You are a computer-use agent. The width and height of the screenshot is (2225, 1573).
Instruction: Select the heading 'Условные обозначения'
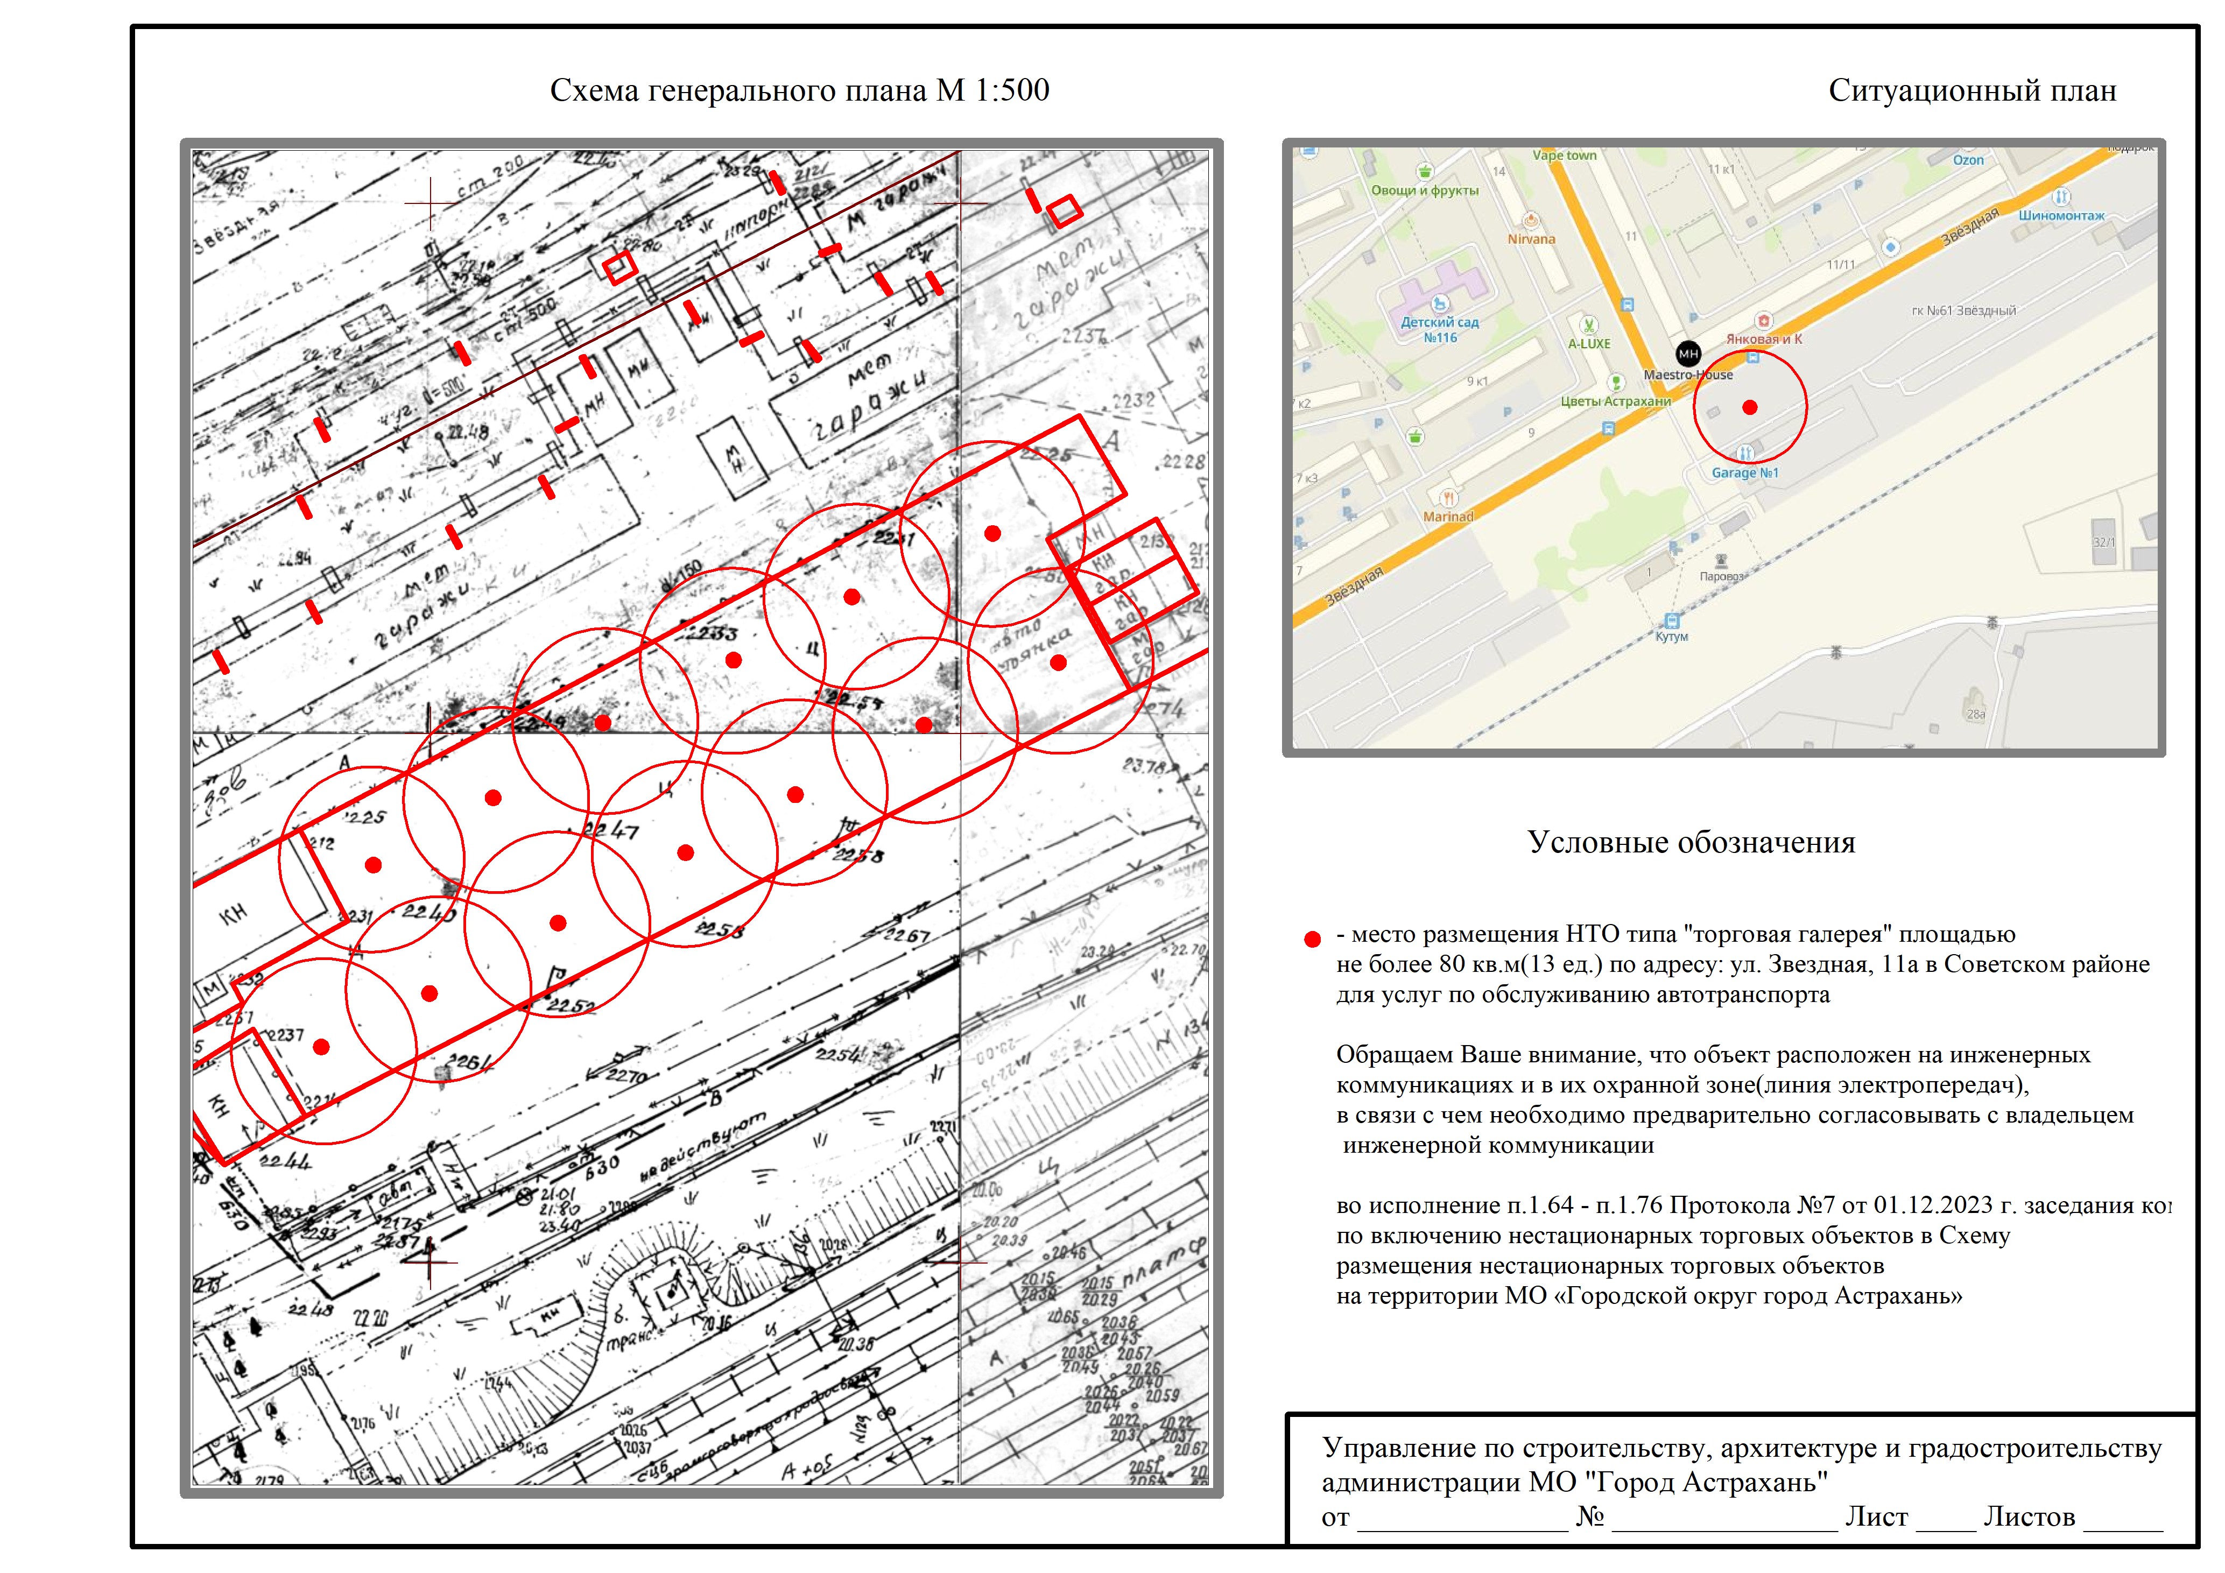click(x=1691, y=842)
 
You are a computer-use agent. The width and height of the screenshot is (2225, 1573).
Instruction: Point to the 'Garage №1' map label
click(x=1744, y=473)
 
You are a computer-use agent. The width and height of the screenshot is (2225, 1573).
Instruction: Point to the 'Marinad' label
click(x=1448, y=517)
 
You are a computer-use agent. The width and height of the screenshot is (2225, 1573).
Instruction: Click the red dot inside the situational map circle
click(x=1749, y=407)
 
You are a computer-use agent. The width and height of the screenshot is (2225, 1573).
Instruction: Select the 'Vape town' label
click(x=1564, y=155)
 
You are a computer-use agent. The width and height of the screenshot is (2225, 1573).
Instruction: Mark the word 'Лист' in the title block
click(x=1876, y=1517)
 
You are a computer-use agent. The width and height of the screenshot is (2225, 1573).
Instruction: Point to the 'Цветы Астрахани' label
click(x=1615, y=401)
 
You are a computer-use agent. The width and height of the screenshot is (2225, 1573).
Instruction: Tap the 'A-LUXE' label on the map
click(x=1589, y=343)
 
